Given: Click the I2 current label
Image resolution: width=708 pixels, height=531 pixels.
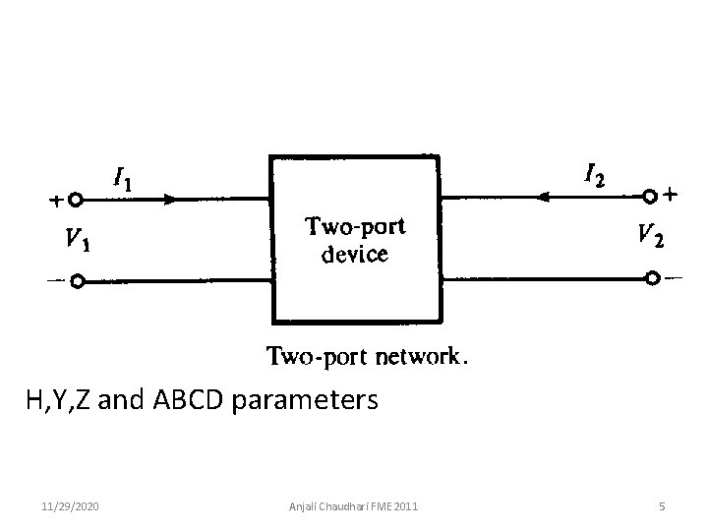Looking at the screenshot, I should [x=594, y=177].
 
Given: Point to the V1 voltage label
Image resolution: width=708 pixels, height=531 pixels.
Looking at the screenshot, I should [x=80, y=238].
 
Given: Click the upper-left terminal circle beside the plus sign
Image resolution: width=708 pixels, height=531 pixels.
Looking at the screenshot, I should [x=76, y=200].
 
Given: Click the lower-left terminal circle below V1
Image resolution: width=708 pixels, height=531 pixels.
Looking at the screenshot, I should [x=76, y=280].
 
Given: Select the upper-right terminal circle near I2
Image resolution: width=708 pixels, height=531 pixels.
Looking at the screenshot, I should [x=650, y=197].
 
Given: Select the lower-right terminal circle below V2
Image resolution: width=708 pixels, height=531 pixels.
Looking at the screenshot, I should [x=652, y=279].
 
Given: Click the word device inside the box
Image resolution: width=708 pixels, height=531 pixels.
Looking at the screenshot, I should [x=355, y=256].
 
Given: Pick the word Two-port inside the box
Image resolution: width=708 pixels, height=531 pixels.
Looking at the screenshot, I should [x=354, y=228].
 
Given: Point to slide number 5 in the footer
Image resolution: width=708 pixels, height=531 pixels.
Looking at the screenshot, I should [x=663, y=506].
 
